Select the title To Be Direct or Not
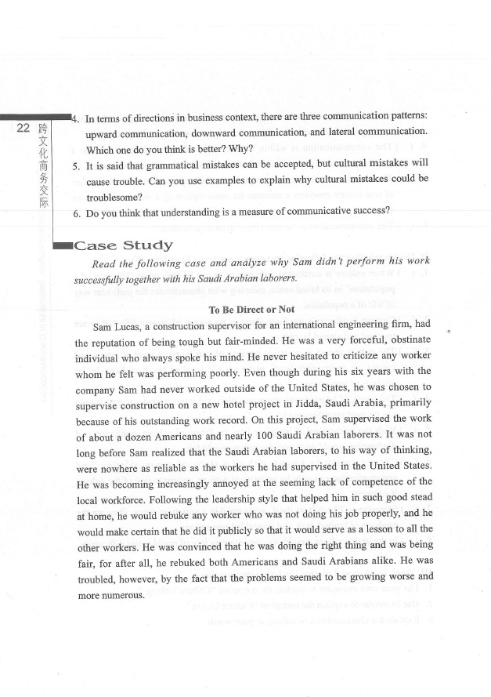coord(251,310)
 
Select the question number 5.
coord(75,167)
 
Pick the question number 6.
coord(75,212)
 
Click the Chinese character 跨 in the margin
coord(42,128)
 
